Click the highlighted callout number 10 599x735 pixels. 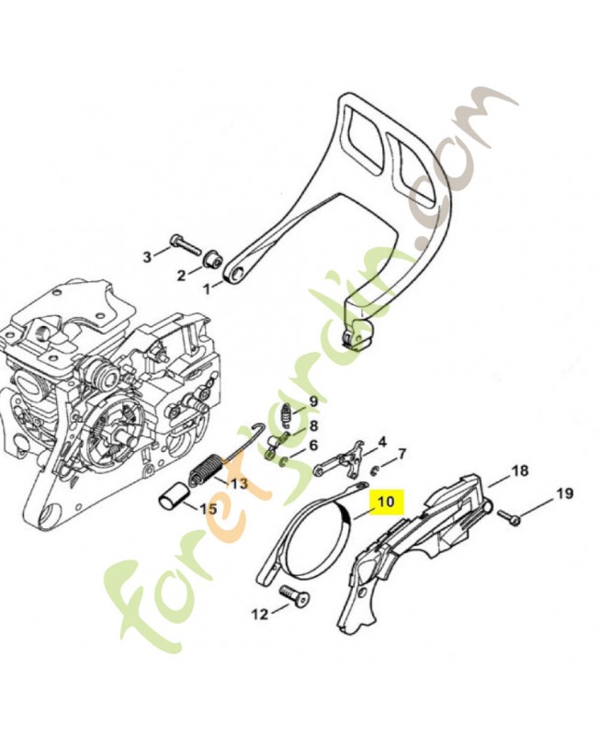click(x=386, y=502)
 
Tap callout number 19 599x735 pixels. click(x=564, y=493)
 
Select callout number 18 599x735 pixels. click(x=519, y=470)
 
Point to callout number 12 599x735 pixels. click(x=261, y=614)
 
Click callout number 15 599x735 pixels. click(x=209, y=509)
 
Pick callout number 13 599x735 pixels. click(x=239, y=483)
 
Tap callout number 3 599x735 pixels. click(x=148, y=257)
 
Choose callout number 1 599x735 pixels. click(x=207, y=289)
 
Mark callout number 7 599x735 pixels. click(x=401, y=454)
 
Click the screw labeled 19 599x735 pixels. click(x=508, y=517)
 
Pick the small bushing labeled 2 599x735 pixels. click(x=213, y=260)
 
